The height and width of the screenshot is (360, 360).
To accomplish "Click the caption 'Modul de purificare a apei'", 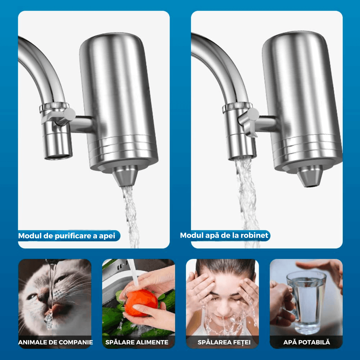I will tap(67, 236).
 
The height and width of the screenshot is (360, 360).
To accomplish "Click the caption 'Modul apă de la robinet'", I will tap(224, 235).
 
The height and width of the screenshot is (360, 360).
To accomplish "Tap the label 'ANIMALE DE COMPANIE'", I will tap(56, 342).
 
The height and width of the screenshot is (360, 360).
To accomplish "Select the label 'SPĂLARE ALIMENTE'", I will tap(137, 342).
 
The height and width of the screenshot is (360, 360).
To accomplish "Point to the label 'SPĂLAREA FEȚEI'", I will tap(224, 342).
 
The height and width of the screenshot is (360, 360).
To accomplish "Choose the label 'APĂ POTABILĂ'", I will tap(307, 342).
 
